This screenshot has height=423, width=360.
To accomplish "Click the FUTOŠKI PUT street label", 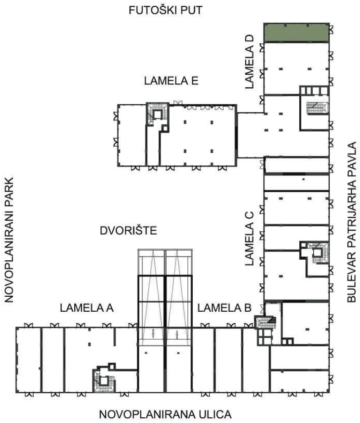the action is click(x=165, y=10).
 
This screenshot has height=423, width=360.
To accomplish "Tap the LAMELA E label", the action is click(x=171, y=80).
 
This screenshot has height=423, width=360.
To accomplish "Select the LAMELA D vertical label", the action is click(x=249, y=62).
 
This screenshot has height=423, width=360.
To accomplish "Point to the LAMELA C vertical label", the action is click(x=249, y=238).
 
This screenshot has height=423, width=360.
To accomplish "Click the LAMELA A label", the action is click(x=87, y=308).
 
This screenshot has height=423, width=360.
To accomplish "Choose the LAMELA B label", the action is click(x=224, y=308).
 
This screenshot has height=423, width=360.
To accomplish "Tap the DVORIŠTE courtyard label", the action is click(x=129, y=231).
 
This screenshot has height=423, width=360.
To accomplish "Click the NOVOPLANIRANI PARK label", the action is click(x=9, y=240).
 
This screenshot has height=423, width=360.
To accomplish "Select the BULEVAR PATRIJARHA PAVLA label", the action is click(x=352, y=222).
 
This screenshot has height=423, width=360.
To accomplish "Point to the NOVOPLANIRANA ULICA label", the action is click(x=165, y=414).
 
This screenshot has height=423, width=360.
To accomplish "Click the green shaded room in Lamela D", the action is click(x=296, y=33).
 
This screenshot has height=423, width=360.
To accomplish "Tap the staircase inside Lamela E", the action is click(x=157, y=114).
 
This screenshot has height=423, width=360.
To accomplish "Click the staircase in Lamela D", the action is click(x=318, y=107).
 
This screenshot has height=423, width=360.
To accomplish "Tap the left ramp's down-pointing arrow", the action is click(x=153, y=333).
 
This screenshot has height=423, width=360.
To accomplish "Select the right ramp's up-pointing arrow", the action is click(x=177, y=334).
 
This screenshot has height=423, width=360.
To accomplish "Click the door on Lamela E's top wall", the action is click(x=178, y=103).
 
